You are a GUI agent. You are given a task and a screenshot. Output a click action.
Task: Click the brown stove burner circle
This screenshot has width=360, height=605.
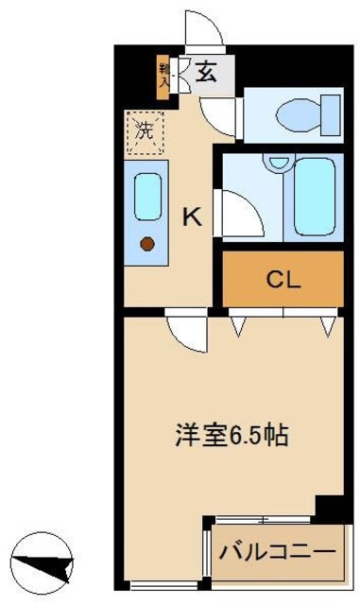pyautogui.click(x=147, y=245)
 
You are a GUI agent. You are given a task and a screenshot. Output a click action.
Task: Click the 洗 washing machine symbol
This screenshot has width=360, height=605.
pyautogui.click(x=144, y=130)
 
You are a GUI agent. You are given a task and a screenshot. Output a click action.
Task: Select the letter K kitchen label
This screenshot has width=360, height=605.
pyautogui.click(x=191, y=216)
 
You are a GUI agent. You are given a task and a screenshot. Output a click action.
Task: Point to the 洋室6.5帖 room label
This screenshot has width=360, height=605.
pyautogui.click(x=231, y=437)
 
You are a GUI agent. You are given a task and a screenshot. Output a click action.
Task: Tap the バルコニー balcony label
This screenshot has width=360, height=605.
pyautogui.click(x=277, y=550)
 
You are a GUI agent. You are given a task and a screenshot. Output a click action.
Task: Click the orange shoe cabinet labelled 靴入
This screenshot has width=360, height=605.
pyautogui.click(x=163, y=77)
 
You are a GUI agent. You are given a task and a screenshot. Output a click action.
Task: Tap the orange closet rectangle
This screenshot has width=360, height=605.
pyautogui.click(x=282, y=280)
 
